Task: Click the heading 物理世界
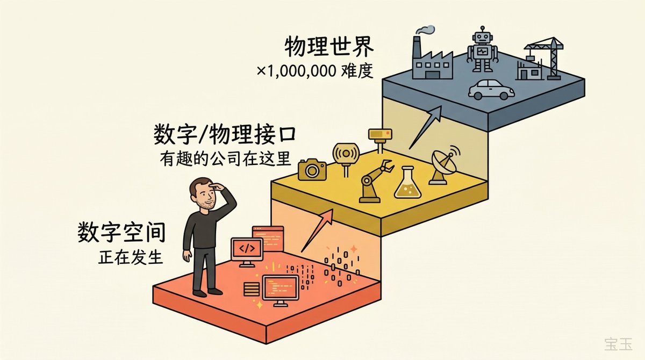329,49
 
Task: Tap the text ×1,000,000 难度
314,72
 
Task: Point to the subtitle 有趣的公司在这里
225,159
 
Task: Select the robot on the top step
482,51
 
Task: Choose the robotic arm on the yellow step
375,180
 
